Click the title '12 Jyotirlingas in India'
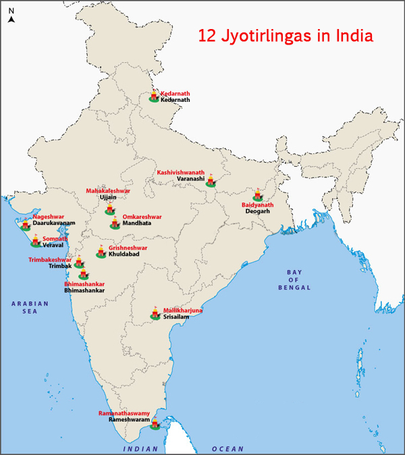click(285, 35)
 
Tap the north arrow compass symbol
click(11, 16)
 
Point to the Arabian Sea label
click(30, 308)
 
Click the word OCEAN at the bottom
click(227, 449)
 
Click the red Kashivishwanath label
click(180, 173)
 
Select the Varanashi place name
click(191, 180)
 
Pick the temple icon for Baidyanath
click(257, 195)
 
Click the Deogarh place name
click(257, 211)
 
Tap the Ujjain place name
click(108, 198)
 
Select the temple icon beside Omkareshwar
click(115, 223)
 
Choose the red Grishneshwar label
click(128, 248)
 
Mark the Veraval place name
click(55, 246)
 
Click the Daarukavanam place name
click(53, 223)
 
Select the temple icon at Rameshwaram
click(155, 423)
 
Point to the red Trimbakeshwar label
click(50, 260)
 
